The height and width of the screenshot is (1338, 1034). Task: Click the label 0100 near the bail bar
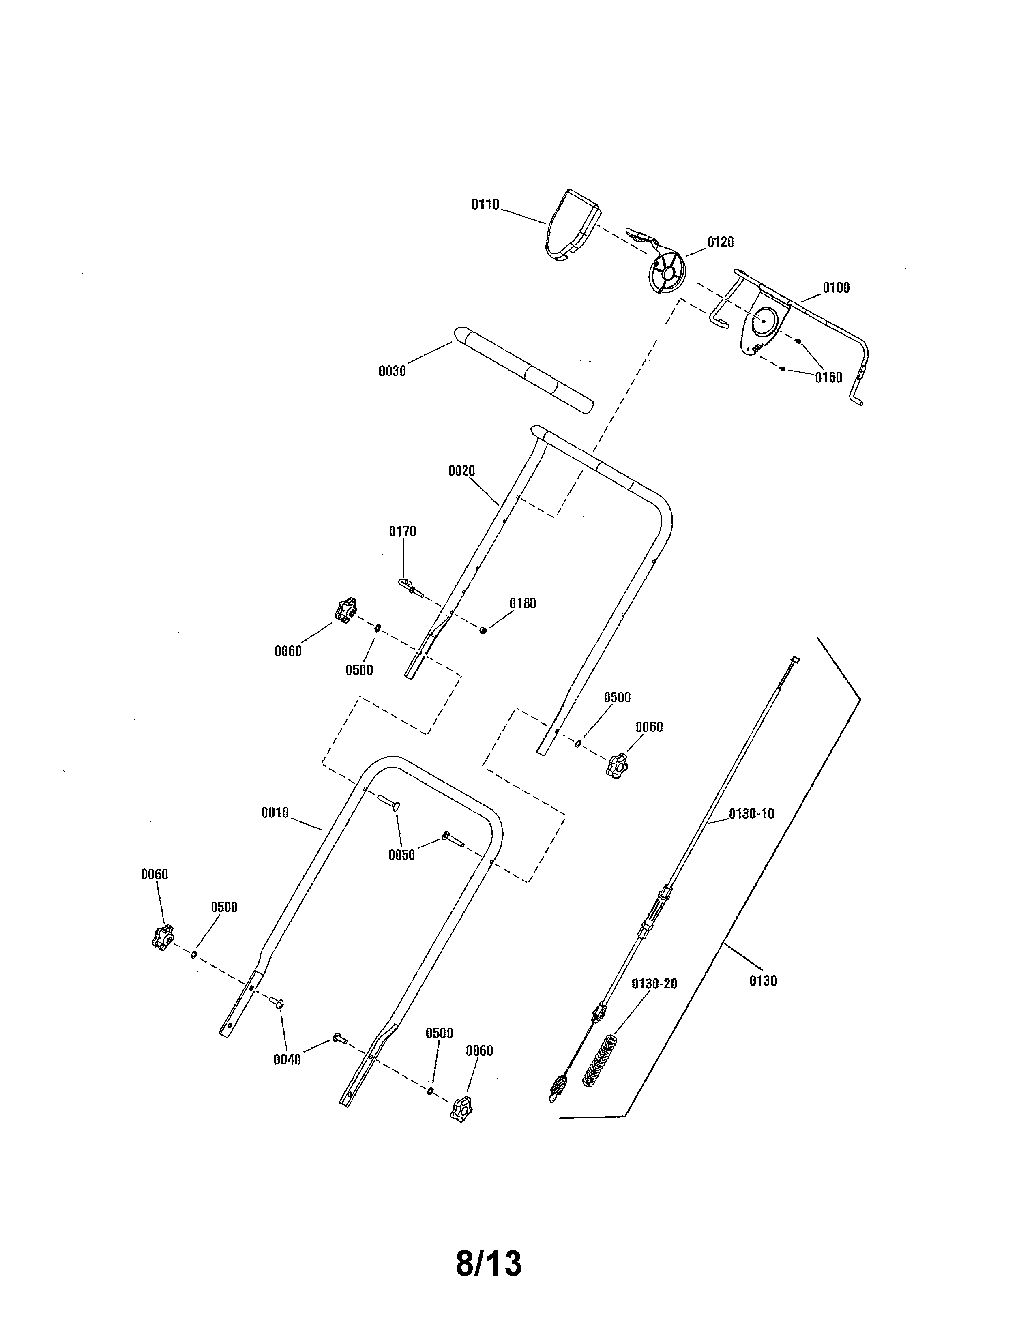click(836, 288)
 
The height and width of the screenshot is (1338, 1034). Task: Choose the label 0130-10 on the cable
click(751, 814)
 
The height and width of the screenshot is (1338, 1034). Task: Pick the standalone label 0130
click(763, 981)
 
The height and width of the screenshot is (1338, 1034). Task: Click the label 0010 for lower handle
click(275, 813)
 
